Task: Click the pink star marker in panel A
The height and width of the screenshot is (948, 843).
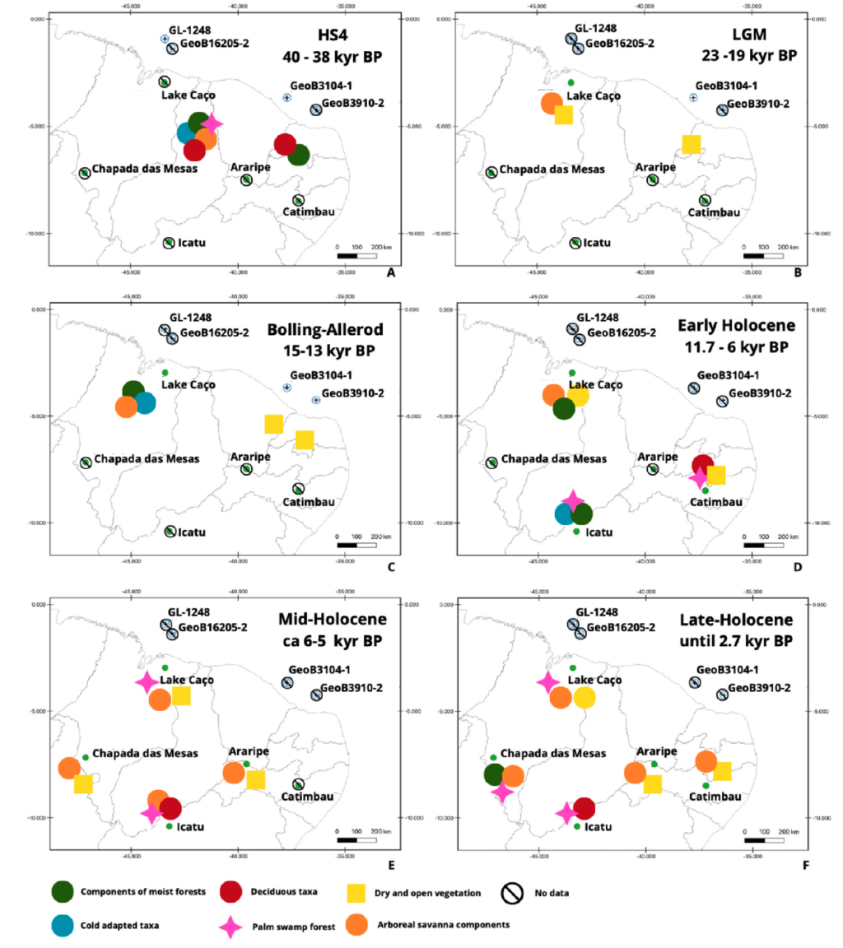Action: pos(212,123)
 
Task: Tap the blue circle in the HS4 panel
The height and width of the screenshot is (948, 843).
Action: pos(190,134)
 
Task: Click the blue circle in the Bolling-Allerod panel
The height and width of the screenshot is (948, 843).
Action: pos(144,403)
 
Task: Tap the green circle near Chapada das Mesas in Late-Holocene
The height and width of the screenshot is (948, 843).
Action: pos(495,774)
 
